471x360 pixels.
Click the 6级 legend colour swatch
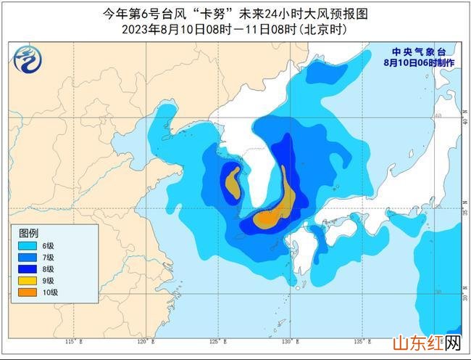pos(30,246)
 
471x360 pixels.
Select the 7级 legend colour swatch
pos(30,258)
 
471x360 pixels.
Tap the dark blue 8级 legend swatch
pos(30,269)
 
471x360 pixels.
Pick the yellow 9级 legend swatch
pos(30,281)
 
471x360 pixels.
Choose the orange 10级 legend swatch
pos(30,292)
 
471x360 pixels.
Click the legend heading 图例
pos(28,233)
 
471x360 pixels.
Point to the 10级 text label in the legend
pos(49,292)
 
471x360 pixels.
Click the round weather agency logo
pos(26,58)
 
